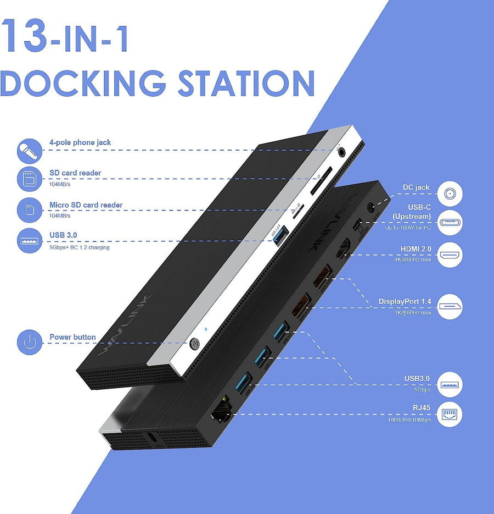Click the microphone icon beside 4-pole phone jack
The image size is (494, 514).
point(30,150)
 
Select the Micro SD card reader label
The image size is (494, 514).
point(86,205)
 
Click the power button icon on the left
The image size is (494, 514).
point(30,342)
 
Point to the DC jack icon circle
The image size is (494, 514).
point(450,194)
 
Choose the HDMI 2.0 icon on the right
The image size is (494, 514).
point(450,255)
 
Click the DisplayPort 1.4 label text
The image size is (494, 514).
point(405,302)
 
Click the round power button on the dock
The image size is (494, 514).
point(194,345)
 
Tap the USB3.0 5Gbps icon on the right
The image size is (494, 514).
point(450,384)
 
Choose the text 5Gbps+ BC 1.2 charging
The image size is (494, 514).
point(79,247)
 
